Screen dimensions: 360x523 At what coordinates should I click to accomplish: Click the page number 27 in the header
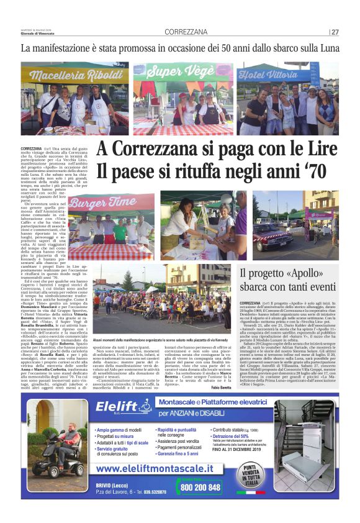[x=335, y=32]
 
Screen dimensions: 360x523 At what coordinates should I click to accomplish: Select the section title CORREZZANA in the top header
[x=186, y=32]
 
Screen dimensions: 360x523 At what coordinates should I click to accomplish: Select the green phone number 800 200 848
[x=198, y=488]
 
